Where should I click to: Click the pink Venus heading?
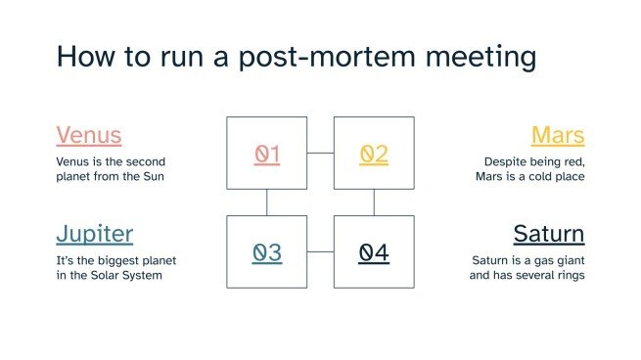88,134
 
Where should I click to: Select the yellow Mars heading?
557,134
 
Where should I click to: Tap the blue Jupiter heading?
94,233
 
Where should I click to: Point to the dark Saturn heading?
548,233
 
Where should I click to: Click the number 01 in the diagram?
267,154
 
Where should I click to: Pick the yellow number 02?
374,154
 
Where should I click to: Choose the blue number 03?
267,252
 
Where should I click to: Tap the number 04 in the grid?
374,252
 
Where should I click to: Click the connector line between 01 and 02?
320,154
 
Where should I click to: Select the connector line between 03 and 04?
320,252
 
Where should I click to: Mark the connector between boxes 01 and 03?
267,202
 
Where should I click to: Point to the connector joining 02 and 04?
374,202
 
